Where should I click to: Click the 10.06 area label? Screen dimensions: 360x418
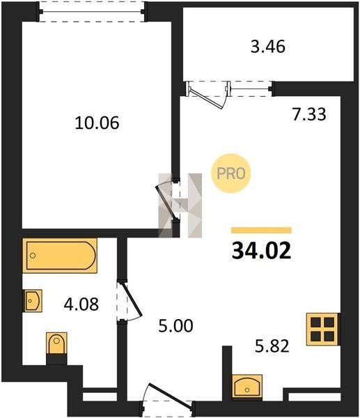coord(97,123)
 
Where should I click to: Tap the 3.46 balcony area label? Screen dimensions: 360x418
coord(268,47)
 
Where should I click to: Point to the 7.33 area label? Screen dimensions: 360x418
coord(309,114)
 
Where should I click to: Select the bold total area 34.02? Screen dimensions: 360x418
coord(261,251)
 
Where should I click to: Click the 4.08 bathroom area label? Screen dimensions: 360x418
coord(81,304)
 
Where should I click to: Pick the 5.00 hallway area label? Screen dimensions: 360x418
coord(175,326)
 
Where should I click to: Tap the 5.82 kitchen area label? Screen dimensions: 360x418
coord(272,346)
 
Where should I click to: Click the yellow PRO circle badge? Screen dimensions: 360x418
coord(230,173)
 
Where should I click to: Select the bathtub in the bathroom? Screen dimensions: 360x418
coord(60,256)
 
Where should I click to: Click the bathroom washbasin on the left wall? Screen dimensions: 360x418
coord(33,300)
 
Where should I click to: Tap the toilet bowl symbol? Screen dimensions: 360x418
coord(56,343)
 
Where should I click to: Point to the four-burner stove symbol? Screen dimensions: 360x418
coord(323,330)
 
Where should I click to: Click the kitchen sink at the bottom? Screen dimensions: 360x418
coord(247,386)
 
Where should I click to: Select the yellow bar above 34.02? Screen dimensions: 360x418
coord(261,230)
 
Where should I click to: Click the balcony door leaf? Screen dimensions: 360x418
coord(207,98)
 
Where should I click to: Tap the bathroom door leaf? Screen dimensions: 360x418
coord(132,299)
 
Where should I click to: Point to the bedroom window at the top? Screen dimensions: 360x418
coord(92,12)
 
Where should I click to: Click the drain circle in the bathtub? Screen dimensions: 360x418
coord(33,256)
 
